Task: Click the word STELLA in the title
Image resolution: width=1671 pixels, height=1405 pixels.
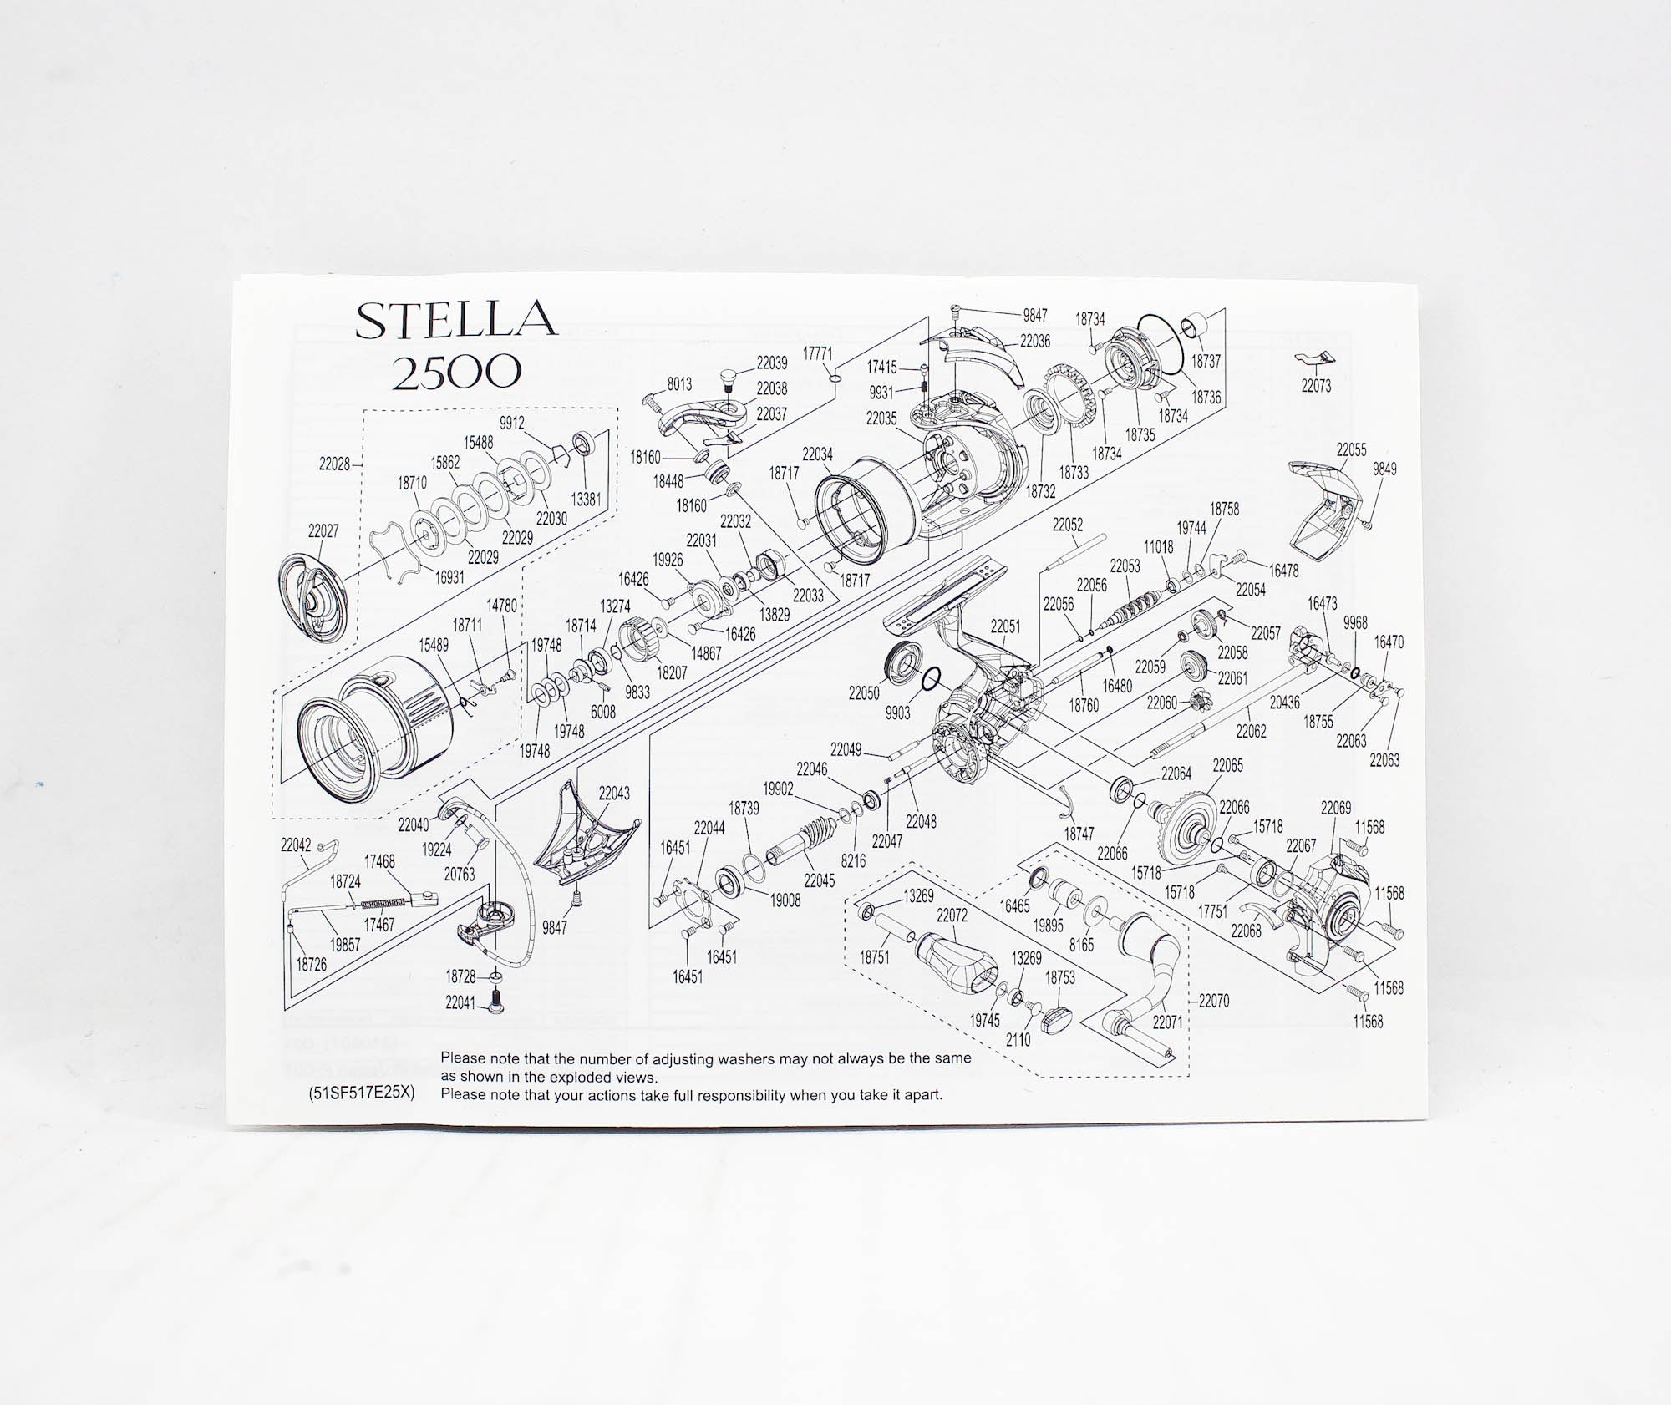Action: (x=456, y=320)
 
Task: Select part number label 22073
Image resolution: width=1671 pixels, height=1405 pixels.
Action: (x=1316, y=386)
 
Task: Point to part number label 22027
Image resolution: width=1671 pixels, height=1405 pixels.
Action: (x=323, y=530)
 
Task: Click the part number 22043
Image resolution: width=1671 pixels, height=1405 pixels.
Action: (x=614, y=793)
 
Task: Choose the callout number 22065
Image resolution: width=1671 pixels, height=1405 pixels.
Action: (x=1227, y=765)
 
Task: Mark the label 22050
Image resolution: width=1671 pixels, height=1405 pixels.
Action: (x=864, y=693)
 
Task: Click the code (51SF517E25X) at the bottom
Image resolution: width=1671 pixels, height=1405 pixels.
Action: (x=362, y=1094)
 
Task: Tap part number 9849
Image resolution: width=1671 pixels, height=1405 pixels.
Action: (x=1384, y=469)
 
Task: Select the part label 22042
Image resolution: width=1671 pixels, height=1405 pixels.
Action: (x=296, y=845)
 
